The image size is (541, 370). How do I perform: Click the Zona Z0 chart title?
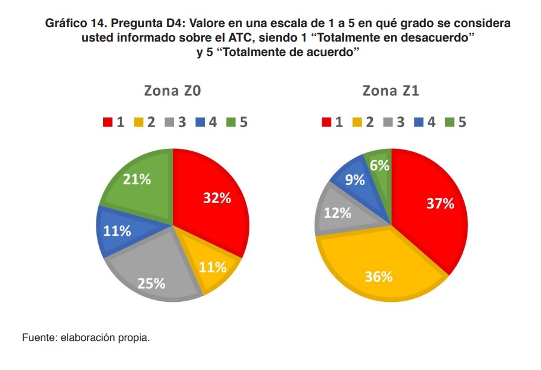click(x=172, y=92)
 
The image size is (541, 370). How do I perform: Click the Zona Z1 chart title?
click(x=390, y=92)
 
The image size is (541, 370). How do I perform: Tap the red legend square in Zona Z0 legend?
click(x=108, y=122)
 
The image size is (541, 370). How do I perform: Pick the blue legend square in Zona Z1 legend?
click(x=419, y=122)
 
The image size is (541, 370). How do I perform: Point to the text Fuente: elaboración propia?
click(x=86, y=337)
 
